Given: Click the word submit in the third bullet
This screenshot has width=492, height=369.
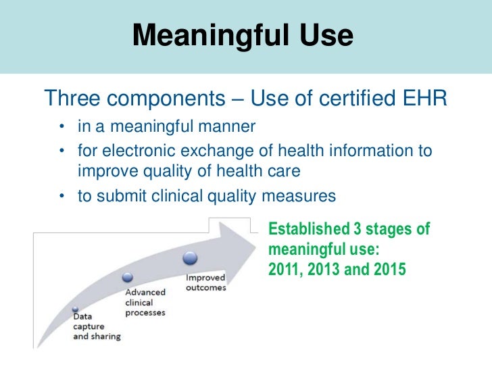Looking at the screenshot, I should point(118,196).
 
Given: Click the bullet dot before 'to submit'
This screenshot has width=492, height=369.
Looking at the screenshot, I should point(62,197).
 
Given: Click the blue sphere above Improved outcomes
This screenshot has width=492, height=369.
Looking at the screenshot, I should point(190,259).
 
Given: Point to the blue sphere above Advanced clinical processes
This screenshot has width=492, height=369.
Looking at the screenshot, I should point(127,277).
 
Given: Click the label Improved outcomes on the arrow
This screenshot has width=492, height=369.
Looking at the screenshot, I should point(206,283).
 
